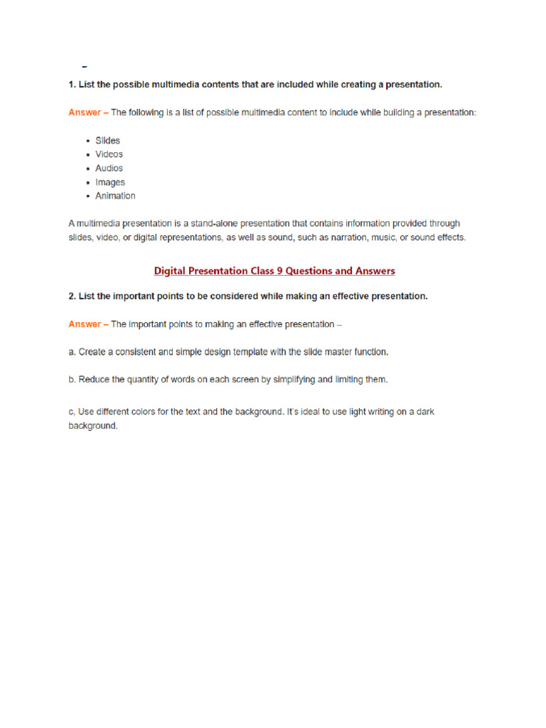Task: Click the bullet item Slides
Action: click(107, 141)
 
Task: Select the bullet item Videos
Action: click(109, 154)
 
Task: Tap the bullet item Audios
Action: click(109, 168)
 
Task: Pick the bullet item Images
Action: click(109, 183)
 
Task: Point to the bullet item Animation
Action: click(115, 196)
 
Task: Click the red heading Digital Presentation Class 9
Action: click(274, 271)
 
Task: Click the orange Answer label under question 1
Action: click(85, 112)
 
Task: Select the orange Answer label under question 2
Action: click(85, 324)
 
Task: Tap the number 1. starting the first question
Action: click(72, 85)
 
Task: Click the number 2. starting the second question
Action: click(72, 296)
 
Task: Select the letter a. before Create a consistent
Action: click(72, 352)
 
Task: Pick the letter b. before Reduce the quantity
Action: click(72, 380)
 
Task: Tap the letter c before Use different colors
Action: click(72, 412)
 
